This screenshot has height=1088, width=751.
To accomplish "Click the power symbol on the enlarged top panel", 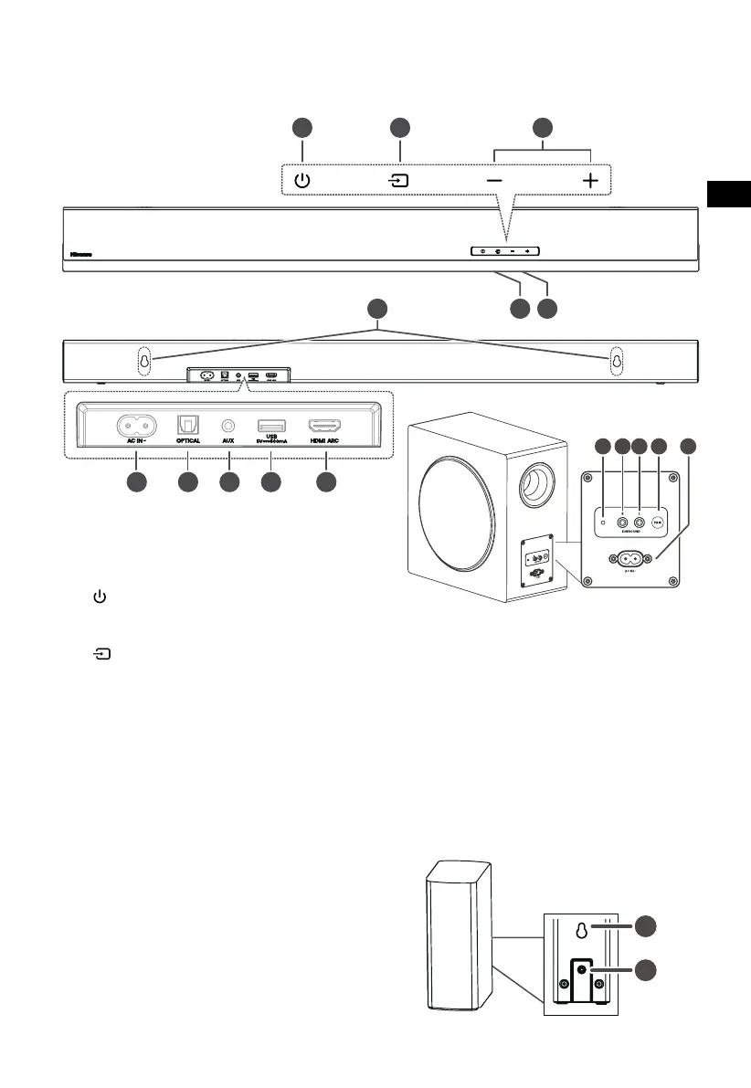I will (301, 180).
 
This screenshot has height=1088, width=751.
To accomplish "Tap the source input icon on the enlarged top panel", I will (398, 180).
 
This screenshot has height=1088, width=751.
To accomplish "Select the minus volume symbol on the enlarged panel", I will (494, 181).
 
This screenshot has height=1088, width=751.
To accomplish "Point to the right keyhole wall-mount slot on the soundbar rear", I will (617, 361).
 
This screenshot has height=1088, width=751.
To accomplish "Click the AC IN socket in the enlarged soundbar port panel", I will (135, 425).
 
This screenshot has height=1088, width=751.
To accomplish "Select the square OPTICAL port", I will (187, 425).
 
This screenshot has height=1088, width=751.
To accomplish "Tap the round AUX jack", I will (229, 425).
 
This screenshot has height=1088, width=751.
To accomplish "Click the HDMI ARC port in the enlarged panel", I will (325, 425).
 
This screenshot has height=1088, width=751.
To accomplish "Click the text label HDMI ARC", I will (325, 440).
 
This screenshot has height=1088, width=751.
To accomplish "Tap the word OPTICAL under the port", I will (187, 440).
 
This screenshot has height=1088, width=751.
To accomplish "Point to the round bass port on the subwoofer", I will (536, 486).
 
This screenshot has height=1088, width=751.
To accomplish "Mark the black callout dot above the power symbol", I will (301, 128).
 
